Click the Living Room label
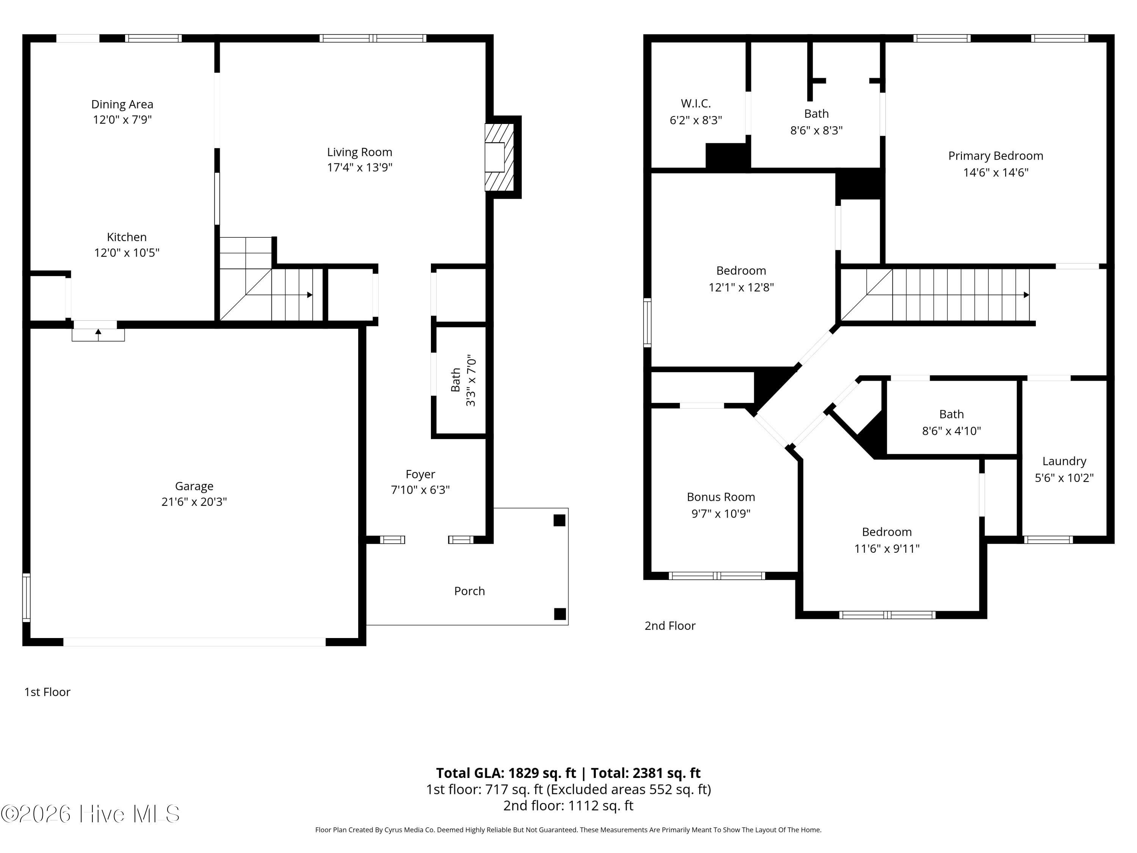[x=359, y=152]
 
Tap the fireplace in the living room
[x=500, y=157]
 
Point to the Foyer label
[x=420, y=474]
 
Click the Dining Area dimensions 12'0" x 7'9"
[x=122, y=120]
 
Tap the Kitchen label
[x=127, y=237]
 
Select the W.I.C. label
[x=696, y=103]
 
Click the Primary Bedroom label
[x=996, y=156]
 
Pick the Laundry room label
[x=1064, y=461]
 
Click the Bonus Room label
[x=720, y=497]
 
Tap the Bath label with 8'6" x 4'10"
[x=951, y=414]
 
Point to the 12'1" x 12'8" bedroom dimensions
[x=741, y=287]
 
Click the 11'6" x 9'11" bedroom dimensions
[x=887, y=549]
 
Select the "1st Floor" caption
[x=47, y=692]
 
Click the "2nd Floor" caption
[x=670, y=626]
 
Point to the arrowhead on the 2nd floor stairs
[x=1026, y=295]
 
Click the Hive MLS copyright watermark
[x=91, y=814]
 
